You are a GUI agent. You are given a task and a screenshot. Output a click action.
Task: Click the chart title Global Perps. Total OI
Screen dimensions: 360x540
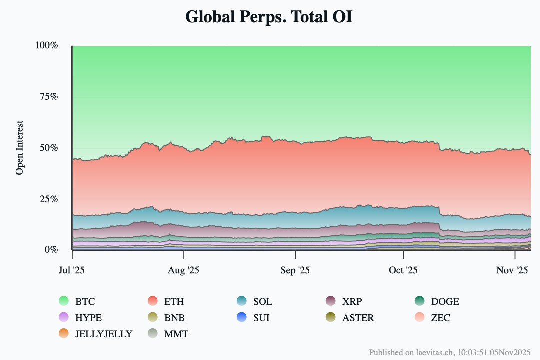pyautogui.click(x=269, y=17)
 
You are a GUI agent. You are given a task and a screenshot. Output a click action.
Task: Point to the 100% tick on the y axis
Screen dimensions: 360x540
pyautogui.click(x=47, y=45)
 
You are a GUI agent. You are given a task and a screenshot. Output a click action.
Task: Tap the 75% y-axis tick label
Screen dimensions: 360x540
pyautogui.click(x=49, y=96)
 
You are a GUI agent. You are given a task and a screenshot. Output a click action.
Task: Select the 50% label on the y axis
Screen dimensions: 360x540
pyautogui.click(x=49, y=148)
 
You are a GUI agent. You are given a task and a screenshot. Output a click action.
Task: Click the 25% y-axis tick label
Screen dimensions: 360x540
pyautogui.click(x=49, y=199)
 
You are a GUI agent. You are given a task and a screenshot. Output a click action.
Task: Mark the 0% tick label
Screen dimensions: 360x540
pyautogui.click(x=51, y=250)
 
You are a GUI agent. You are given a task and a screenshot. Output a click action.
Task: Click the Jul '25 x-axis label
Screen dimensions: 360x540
pyautogui.click(x=72, y=270)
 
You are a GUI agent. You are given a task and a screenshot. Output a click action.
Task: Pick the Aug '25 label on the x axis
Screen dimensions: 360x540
pyautogui.click(x=184, y=270)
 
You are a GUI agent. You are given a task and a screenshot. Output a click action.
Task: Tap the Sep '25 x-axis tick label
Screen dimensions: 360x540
pyautogui.click(x=295, y=270)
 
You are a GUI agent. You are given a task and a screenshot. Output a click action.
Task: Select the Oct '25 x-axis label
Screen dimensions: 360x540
pyautogui.click(x=403, y=270)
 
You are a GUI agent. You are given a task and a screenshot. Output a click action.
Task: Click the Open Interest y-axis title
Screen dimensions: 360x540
pyautogui.click(x=20, y=148)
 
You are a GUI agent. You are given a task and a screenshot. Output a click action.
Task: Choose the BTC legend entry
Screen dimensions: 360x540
pyautogui.click(x=85, y=302)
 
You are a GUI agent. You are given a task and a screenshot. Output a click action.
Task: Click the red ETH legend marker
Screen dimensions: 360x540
pyautogui.click(x=154, y=301)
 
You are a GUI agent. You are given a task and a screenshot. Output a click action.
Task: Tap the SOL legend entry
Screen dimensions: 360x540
pyautogui.click(x=262, y=302)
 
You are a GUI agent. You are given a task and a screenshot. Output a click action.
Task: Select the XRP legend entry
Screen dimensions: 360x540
pyautogui.click(x=352, y=302)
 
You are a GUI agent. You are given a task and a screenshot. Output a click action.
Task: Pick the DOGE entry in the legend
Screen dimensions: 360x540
pyautogui.click(x=445, y=302)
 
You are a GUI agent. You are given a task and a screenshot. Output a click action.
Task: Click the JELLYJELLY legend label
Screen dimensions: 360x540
pyautogui.click(x=104, y=334)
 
